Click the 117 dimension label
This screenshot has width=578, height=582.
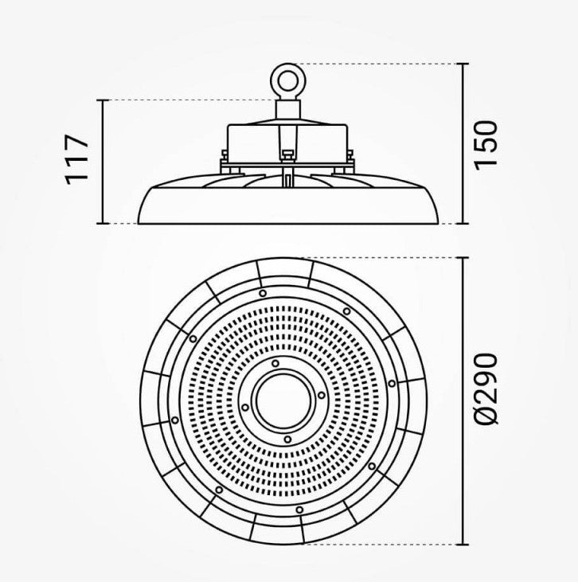77,159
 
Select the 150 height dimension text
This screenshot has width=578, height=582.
486,146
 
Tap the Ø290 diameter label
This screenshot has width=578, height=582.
486,389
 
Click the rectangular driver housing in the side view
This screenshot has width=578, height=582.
287,142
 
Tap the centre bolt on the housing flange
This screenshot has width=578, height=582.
287,155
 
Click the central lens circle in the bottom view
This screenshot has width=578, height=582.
284,400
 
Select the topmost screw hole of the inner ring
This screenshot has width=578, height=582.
275,363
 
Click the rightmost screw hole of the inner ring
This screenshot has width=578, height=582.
322,396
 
